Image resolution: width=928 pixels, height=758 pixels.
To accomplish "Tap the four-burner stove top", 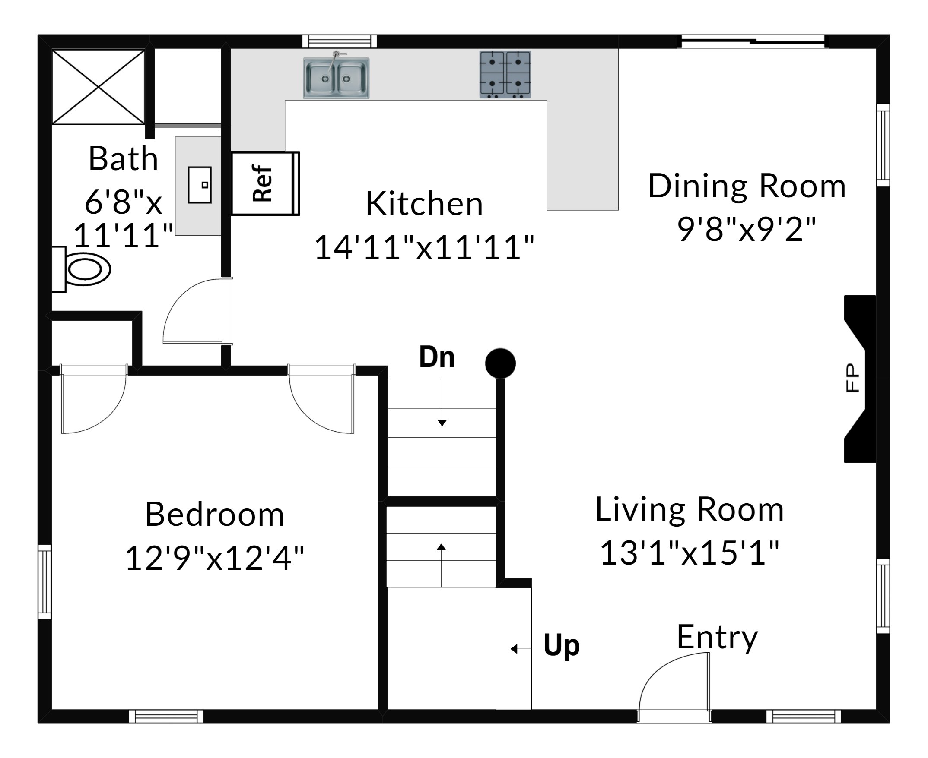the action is pos(505,74).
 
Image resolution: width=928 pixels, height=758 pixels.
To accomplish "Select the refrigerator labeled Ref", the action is pos(265,183).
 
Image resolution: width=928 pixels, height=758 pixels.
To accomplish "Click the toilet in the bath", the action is pos(81,269).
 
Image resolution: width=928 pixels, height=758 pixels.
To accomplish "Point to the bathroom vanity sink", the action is pos(200,185).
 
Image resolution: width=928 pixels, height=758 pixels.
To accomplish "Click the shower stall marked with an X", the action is pos(99,87).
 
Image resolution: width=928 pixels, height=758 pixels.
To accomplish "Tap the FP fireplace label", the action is pos(852,378).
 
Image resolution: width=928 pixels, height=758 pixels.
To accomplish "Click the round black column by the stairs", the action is pos(500,363).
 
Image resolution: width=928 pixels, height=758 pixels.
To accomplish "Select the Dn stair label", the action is pos(437,357).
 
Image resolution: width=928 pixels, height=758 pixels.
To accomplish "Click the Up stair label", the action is pos(562,646).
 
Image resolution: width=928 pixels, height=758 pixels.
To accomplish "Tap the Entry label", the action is pos(717,638).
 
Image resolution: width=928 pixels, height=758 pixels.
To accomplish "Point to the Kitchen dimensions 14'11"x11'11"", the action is pos(424,247).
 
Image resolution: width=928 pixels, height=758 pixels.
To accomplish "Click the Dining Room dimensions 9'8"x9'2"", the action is pos(747,229).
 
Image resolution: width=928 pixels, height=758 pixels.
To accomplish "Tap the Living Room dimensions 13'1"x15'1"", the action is pos(690,553).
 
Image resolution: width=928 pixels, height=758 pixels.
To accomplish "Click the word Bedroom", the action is pos(215,515).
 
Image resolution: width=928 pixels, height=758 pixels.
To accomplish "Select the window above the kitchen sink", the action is pos(340,41).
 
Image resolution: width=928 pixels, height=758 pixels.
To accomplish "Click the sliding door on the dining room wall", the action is pos(753,41).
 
